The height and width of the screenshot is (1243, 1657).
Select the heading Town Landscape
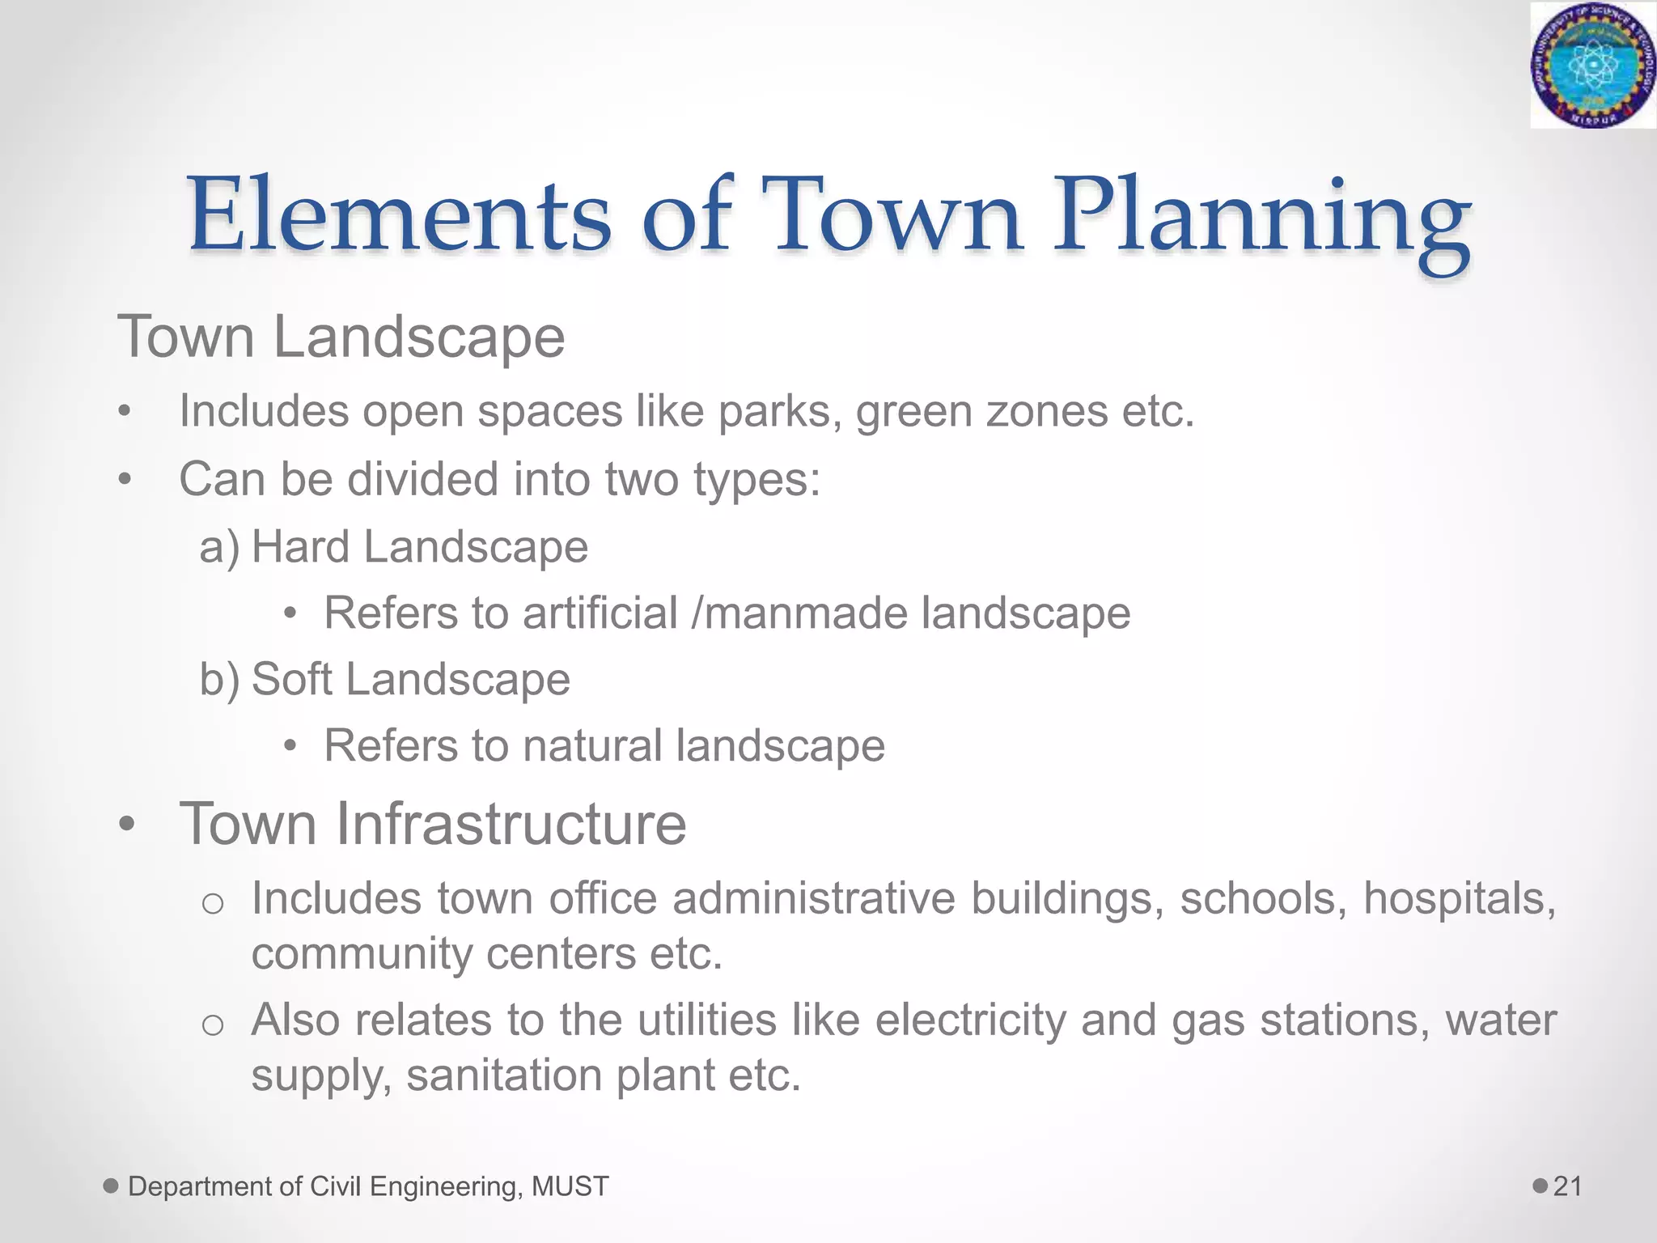(341, 337)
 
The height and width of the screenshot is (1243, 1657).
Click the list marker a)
(219, 547)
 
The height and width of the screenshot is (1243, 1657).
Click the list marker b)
(219, 679)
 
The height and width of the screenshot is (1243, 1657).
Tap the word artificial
(600, 613)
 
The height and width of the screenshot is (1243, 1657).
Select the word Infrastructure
(511, 824)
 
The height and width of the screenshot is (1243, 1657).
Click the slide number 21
(1567, 1186)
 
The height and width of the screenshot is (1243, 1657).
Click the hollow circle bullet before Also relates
(212, 1025)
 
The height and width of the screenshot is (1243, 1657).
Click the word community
(362, 953)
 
